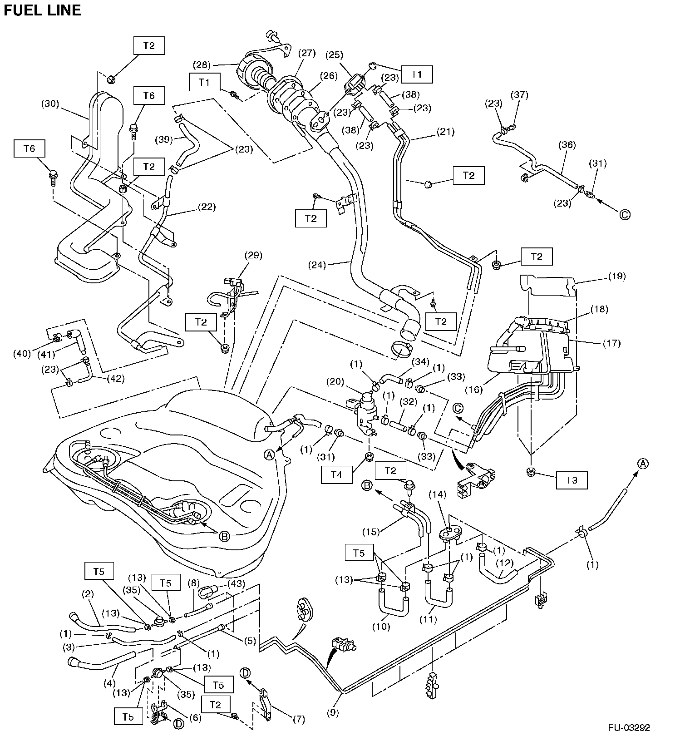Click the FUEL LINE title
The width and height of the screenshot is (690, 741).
[x=42, y=10]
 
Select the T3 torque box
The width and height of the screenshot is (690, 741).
[x=572, y=480]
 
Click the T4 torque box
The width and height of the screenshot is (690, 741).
[x=336, y=475]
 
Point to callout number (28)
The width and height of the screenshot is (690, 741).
[x=202, y=64]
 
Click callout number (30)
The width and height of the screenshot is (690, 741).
[x=50, y=104]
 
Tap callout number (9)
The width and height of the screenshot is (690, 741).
[x=333, y=713]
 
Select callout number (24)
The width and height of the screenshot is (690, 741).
[x=317, y=264]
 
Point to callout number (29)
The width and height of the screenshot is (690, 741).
[x=253, y=255]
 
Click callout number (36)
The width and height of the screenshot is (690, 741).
[x=567, y=145]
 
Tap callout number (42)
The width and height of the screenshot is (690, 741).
[x=115, y=378]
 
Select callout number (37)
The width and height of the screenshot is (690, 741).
[x=519, y=95]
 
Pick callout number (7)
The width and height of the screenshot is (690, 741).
[x=298, y=719]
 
